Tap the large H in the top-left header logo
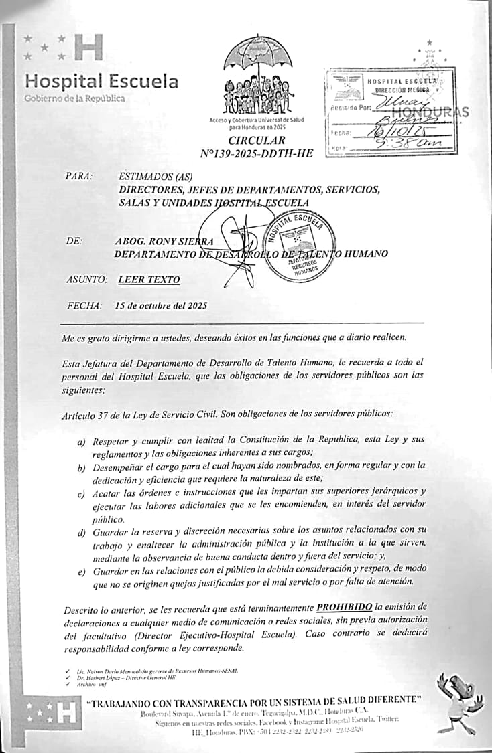pos(87,48)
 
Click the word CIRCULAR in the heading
pos(256,141)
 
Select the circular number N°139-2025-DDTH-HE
pos(256,153)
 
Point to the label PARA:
pos(79,177)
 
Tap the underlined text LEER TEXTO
pos(148,280)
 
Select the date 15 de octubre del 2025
pos(161,305)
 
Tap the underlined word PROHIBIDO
pos(345,606)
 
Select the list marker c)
pos(81,492)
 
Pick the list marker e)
pos(81,571)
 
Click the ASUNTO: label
pos(86,280)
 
